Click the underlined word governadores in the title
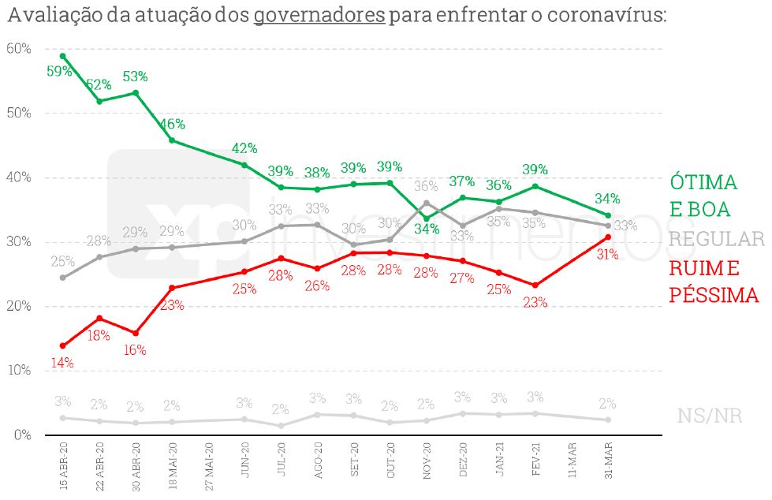(x=319, y=16)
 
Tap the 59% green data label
(x=60, y=71)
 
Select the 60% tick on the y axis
(x=19, y=49)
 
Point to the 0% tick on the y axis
(x=21, y=435)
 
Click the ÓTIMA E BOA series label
(x=703, y=195)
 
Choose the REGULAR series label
(x=717, y=239)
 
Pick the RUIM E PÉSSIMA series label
(x=714, y=282)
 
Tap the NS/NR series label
(x=710, y=416)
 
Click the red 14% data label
(x=62, y=363)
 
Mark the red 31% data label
(x=608, y=254)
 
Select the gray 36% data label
(x=426, y=187)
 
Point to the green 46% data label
(x=172, y=124)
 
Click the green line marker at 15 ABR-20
(x=63, y=56)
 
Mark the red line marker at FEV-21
(x=535, y=285)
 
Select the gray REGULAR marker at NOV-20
(x=427, y=203)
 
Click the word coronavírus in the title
(x=599, y=16)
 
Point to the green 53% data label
(x=135, y=76)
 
